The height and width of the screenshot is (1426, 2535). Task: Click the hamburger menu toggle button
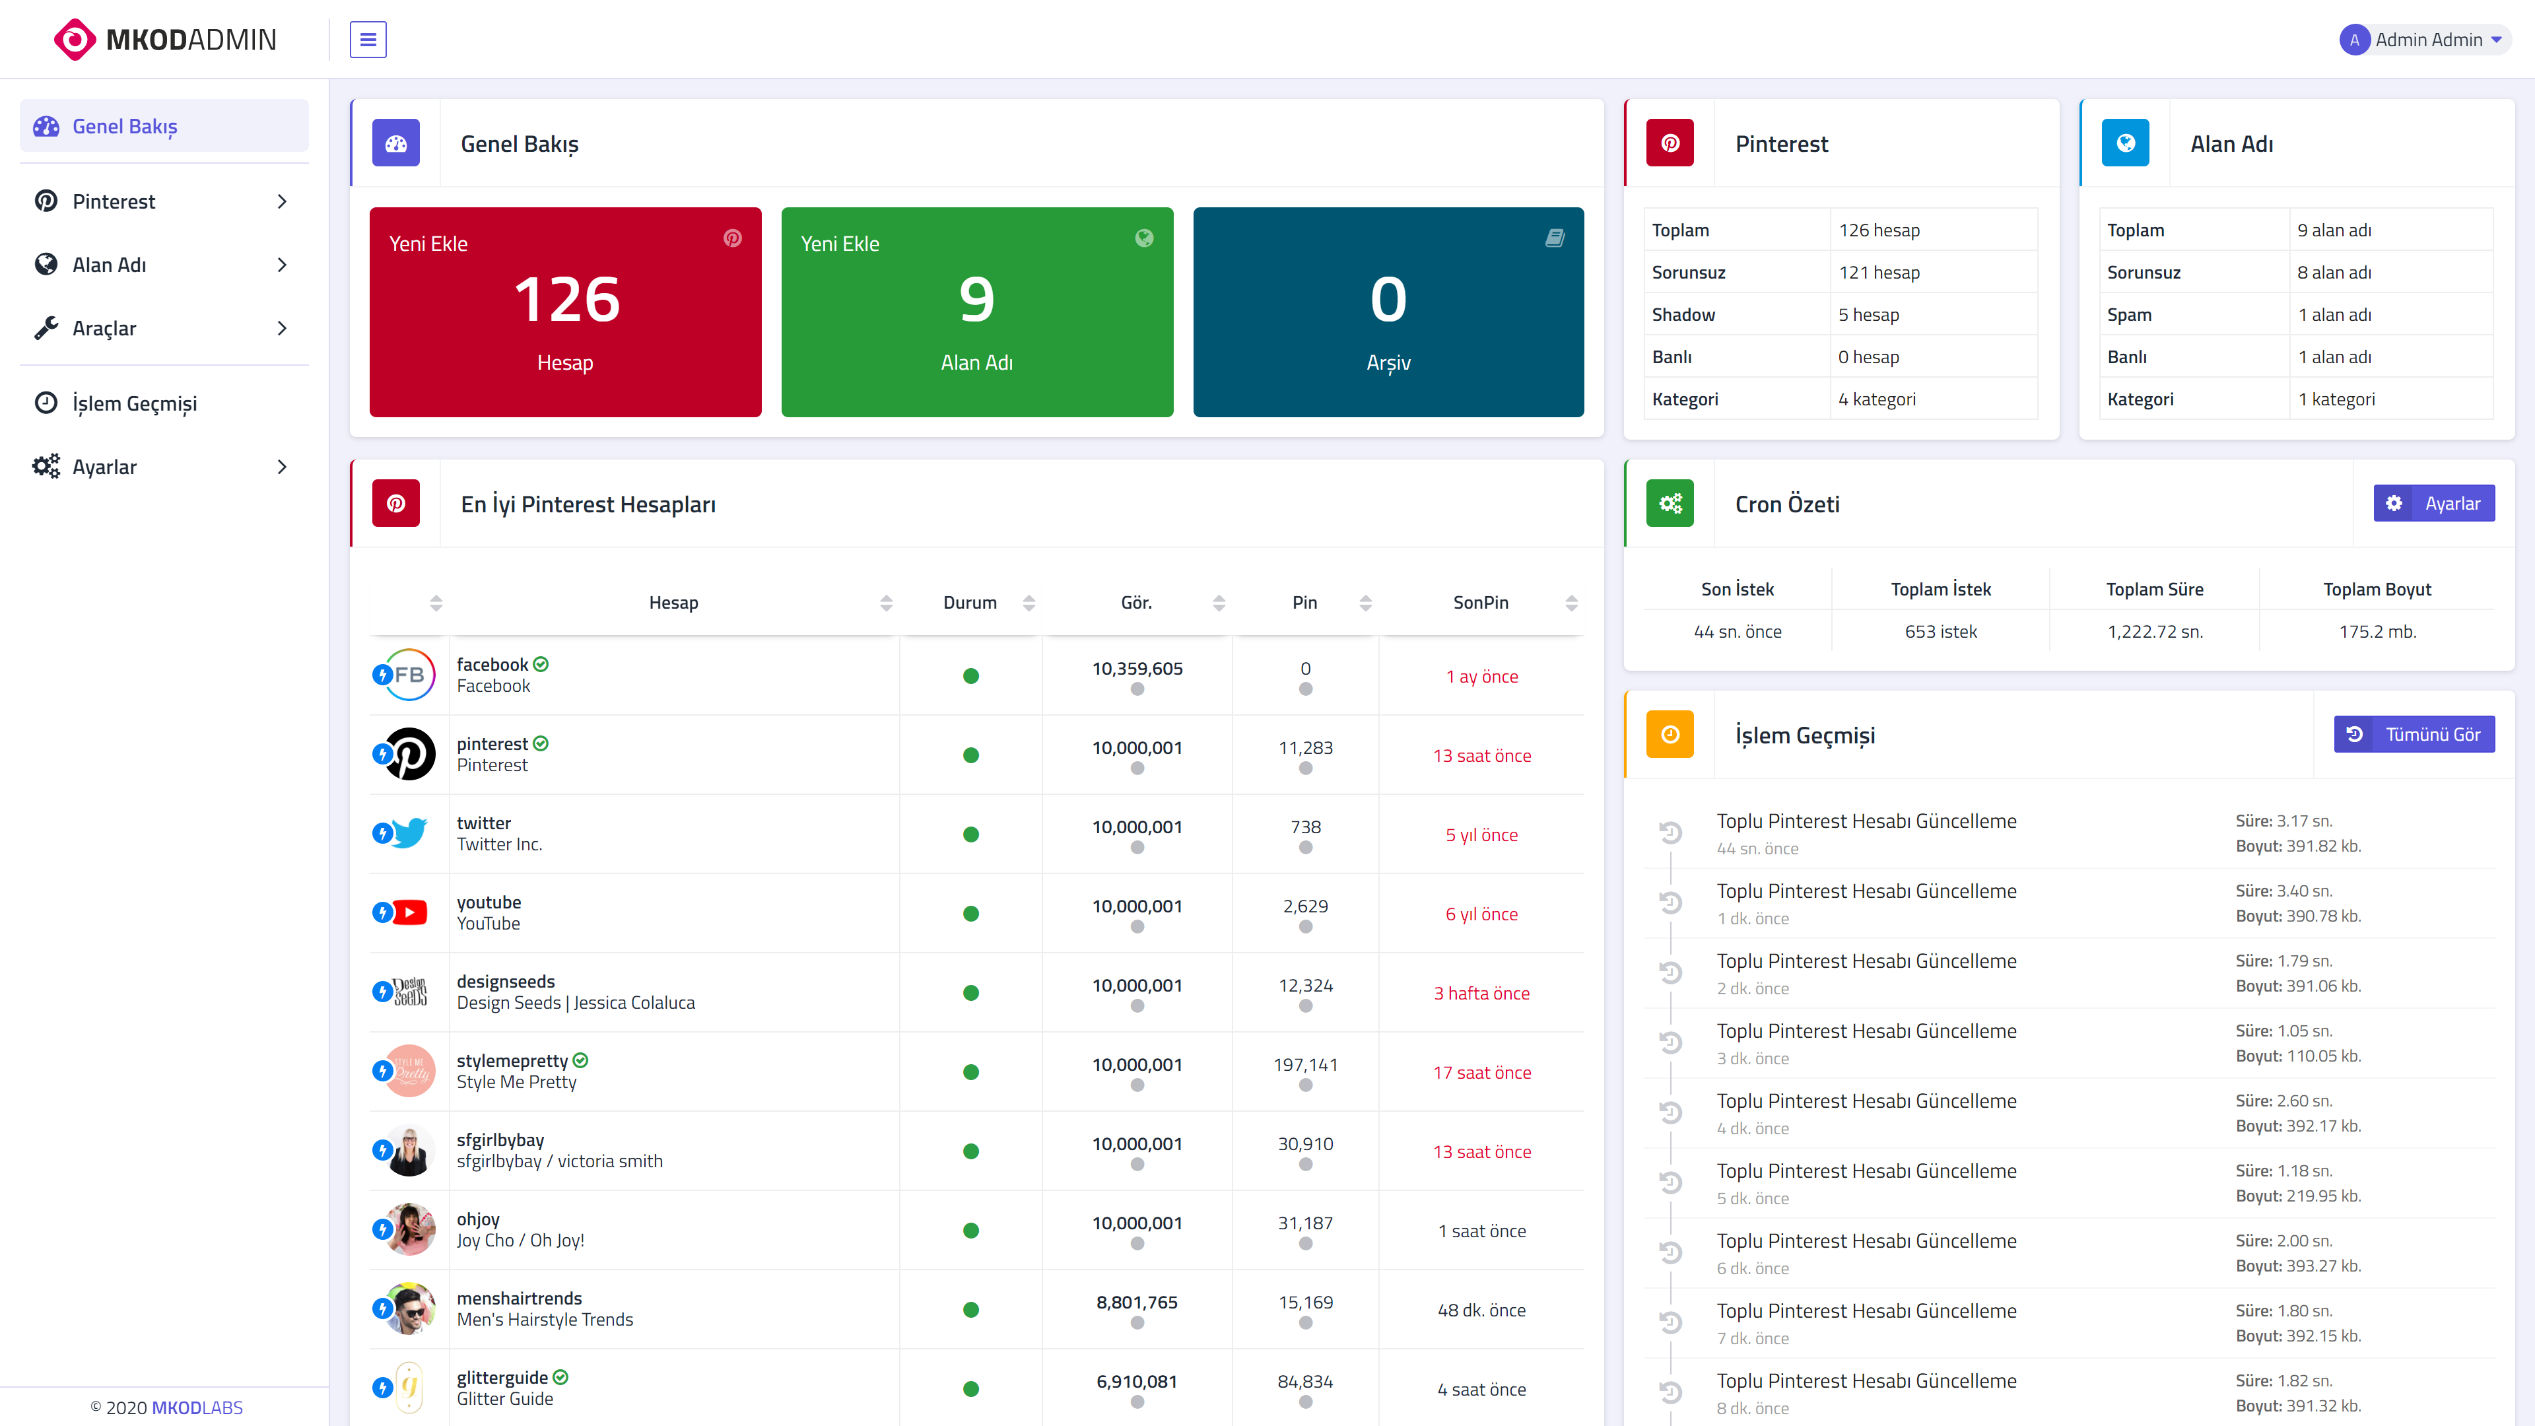click(x=368, y=40)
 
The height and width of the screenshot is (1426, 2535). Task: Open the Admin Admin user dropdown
click(x=2424, y=40)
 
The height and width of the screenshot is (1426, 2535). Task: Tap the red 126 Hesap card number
click(x=566, y=299)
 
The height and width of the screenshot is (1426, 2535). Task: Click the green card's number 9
click(x=977, y=299)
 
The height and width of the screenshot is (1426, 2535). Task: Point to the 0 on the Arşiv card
click(x=1388, y=299)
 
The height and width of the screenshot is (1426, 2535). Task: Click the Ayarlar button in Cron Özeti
click(x=2433, y=503)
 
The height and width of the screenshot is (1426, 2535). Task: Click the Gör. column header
click(x=1137, y=602)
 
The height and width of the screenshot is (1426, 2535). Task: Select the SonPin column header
click(x=1480, y=602)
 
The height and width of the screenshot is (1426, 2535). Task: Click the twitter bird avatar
click(x=409, y=834)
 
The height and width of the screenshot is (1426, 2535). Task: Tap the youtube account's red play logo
click(x=409, y=912)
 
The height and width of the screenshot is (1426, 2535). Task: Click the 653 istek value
click(x=1941, y=631)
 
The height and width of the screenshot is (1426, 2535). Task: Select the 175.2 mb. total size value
click(x=2377, y=631)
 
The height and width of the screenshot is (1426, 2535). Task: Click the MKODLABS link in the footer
click(x=197, y=1408)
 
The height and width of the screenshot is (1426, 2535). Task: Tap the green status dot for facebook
click(x=970, y=676)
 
